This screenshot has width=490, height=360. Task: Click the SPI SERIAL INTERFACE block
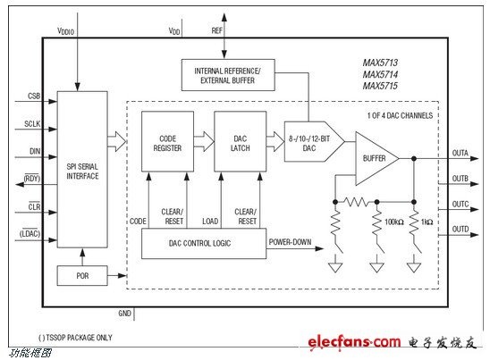pos(82,169)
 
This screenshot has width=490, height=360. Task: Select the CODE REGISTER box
pos(167,141)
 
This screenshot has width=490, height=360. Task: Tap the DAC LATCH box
pos(240,141)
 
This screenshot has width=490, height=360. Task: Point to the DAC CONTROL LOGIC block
pos(204,243)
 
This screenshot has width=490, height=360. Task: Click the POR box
pos(82,275)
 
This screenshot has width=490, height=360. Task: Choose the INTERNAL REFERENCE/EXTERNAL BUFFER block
pos(228,75)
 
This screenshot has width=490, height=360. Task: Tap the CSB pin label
pos(34,96)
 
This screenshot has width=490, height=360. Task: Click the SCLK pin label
pos(32,124)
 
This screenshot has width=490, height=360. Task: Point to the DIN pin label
pos(35,152)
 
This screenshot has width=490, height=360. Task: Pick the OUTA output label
pos(460,153)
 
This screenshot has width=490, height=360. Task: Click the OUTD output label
pos(460,230)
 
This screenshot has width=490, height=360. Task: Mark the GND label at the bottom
pos(124,314)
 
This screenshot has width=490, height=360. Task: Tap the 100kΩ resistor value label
pos(394,222)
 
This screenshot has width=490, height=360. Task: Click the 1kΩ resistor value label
pos(427,222)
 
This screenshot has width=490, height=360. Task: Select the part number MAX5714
pos(380,74)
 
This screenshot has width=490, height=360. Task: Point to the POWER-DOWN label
pos(290,242)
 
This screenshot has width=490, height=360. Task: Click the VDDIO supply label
pos(65,31)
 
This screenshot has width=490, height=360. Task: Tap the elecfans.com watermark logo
pos(354,342)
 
